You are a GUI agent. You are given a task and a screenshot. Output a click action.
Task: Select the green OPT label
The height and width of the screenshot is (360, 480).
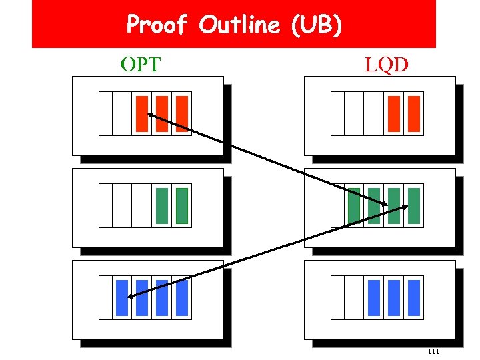tap(141, 65)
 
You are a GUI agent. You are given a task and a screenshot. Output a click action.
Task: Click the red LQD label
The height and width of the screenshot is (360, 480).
tap(387, 65)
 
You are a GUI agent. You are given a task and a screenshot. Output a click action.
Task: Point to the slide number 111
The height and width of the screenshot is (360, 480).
tap(433, 351)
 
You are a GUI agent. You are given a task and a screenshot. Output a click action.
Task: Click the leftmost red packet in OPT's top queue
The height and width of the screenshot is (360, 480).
tap(141, 113)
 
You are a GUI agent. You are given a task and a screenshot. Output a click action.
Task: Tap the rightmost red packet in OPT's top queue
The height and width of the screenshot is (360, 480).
tap(182, 113)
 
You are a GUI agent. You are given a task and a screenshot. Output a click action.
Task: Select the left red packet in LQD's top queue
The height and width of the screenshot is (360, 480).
tap(394, 113)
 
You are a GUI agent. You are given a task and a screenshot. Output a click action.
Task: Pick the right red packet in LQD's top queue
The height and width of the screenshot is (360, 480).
tap(414, 113)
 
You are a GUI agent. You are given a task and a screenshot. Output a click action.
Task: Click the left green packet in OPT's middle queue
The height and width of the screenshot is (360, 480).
tap(161, 205)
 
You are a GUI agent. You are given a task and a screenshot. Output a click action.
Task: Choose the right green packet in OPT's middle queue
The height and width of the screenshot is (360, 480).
tap(182, 205)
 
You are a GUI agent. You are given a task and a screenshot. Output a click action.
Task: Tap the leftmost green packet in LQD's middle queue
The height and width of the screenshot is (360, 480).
tap(354, 205)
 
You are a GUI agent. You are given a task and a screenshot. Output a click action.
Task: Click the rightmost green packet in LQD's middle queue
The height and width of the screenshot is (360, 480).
tap(414, 205)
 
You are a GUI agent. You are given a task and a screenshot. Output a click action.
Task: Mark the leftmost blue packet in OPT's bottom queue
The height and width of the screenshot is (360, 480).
tap(121, 297)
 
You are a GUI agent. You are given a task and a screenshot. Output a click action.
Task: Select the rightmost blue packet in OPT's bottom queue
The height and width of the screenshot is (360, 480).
tap(182, 297)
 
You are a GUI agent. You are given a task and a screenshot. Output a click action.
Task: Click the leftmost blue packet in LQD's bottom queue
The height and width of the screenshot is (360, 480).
tap(374, 297)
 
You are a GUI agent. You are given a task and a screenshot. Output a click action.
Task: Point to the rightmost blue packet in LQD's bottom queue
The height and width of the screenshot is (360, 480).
tap(414, 297)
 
